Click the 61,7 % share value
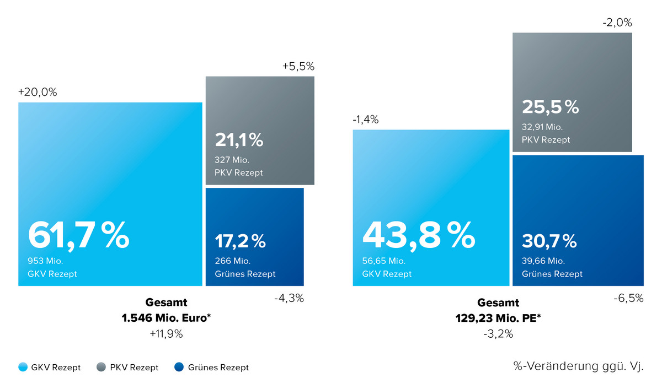click(x=78, y=235)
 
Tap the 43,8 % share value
click(x=418, y=235)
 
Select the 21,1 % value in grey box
click(x=239, y=141)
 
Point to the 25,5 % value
click(x=550, y=107)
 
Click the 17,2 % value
click(x=240, y=241)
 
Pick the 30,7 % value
click(x=549, y=241)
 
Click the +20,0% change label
click(x=38, y=93)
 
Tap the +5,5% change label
click(x=298, y=66)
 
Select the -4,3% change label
click(x=289, y=299)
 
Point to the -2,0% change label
click(x=617, y=23)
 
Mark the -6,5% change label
click(x=628, y=299)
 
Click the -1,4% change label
click(x=365, y=120)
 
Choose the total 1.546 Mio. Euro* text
click(x=166, y=318)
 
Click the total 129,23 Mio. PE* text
click(x=498, y=318)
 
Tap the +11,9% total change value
click(x=166, y=333)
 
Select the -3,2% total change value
click(x=498, y=333)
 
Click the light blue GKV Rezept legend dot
click(x=23, y=368)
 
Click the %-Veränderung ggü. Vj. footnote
click(x=578, y=365)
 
